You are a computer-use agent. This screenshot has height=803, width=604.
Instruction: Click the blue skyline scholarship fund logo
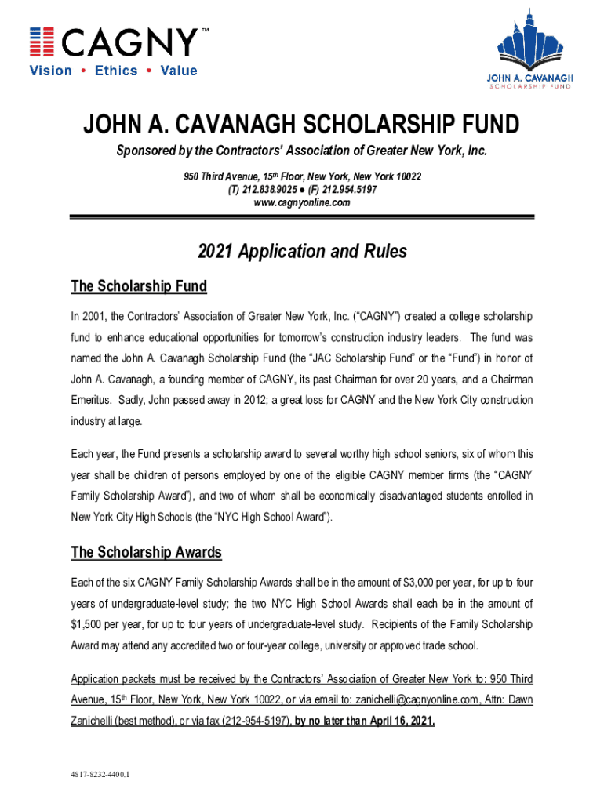[529, 52]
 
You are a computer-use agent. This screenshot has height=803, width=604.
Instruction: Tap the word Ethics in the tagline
[116, 71]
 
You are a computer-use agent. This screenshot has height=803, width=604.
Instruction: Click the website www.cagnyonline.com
[301, 203]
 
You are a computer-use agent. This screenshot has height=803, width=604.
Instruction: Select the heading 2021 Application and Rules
[302, 252]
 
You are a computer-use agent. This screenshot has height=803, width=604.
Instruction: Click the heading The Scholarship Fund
[139, 286]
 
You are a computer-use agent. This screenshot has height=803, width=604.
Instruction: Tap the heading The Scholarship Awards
[146, 553]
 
